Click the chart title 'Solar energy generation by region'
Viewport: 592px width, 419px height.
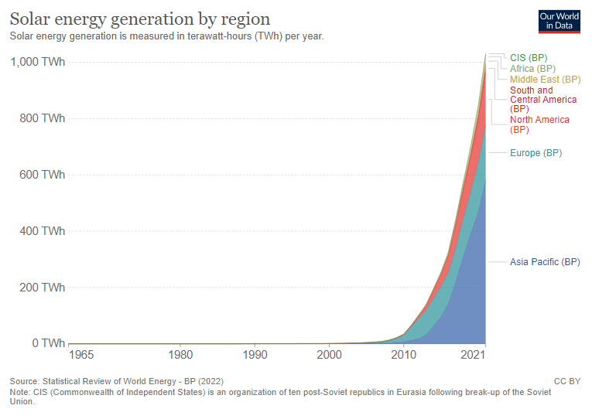tap(140, 19)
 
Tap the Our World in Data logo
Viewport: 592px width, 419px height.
tap(559, 20)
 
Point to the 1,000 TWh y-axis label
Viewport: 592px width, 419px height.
tap(38, 62)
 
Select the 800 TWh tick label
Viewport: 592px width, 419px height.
tap(43, 118)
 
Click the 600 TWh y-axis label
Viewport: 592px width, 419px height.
tap(43, 175)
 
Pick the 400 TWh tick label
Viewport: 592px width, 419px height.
tap(43, 231)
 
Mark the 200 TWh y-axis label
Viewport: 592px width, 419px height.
tap(43, 288)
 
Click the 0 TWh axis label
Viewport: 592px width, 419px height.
tap(49, 343)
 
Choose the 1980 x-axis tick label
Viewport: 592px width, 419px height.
tap(180, 356)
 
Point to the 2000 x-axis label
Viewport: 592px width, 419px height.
tap(329, 356)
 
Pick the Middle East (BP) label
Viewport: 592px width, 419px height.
tap(545, 80)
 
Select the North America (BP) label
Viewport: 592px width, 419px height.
tap(539, 124)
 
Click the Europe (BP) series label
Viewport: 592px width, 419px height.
tap(536, 153)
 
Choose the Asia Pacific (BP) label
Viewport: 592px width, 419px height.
tap(545, 262)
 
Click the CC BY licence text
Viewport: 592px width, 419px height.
tap(567, 381)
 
